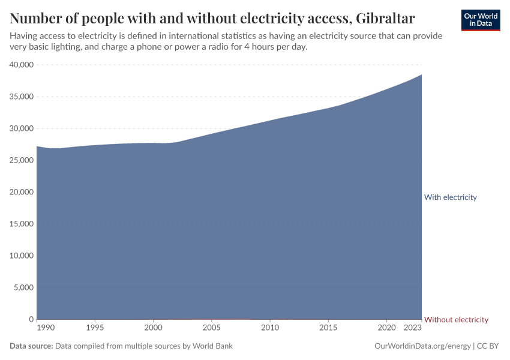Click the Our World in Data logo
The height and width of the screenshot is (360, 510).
pyautogui.click(x=481, y=20)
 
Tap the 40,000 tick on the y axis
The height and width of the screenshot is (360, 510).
pyautogui.click(x=22, y=65)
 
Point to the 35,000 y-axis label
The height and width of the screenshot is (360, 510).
pyautogui.click(x=22, y=97)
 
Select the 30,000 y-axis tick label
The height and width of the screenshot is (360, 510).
pyautogui.click(x=22, y=128)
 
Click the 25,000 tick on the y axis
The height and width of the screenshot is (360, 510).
pyautogui.click(x=22, y=160)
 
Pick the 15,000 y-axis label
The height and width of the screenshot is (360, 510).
pyautogui.click(x=22, y=224)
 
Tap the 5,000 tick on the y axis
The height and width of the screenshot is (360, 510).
pyautogui.click(x=23, y=287)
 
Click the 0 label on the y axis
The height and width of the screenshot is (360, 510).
pyautogui.click(x=31, y=319)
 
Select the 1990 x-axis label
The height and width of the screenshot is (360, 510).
pyautogui.click(x=45, y=328)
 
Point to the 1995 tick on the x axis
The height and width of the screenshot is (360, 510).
pyautogui.click(x=95, y=328)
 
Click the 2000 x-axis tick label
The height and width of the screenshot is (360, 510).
pyautogui.click(x=153, y=328)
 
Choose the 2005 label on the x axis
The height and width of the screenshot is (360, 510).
pyautogui.click(x=212, y=328)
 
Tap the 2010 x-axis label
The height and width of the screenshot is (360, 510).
pyautogui.click(x=270, y=328)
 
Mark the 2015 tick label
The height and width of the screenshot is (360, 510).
pyautogui.click(x=328, y=328)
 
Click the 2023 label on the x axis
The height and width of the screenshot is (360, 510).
pyautogui.click(x=413, y=328)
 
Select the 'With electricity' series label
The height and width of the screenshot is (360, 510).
pyautogui.click(x=450, y=197)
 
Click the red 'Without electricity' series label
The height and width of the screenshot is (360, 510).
pyautogui.click(x=456, y=320)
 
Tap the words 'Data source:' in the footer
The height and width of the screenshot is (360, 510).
pyautogui.click(x=31, y=346)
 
